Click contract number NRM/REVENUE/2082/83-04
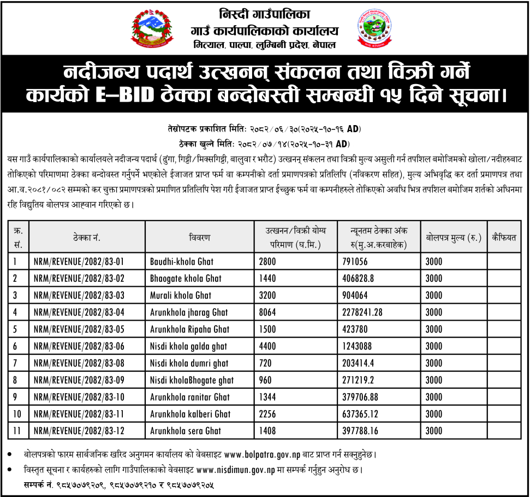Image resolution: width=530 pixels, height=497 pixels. [79, 312]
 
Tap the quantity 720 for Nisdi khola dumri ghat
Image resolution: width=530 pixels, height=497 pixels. [265, 363]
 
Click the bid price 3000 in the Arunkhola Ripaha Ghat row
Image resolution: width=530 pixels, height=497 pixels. [433, 329]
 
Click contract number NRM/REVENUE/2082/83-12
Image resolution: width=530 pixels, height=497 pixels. [79, 431]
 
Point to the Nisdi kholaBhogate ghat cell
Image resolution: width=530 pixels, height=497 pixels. [192, 380]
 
